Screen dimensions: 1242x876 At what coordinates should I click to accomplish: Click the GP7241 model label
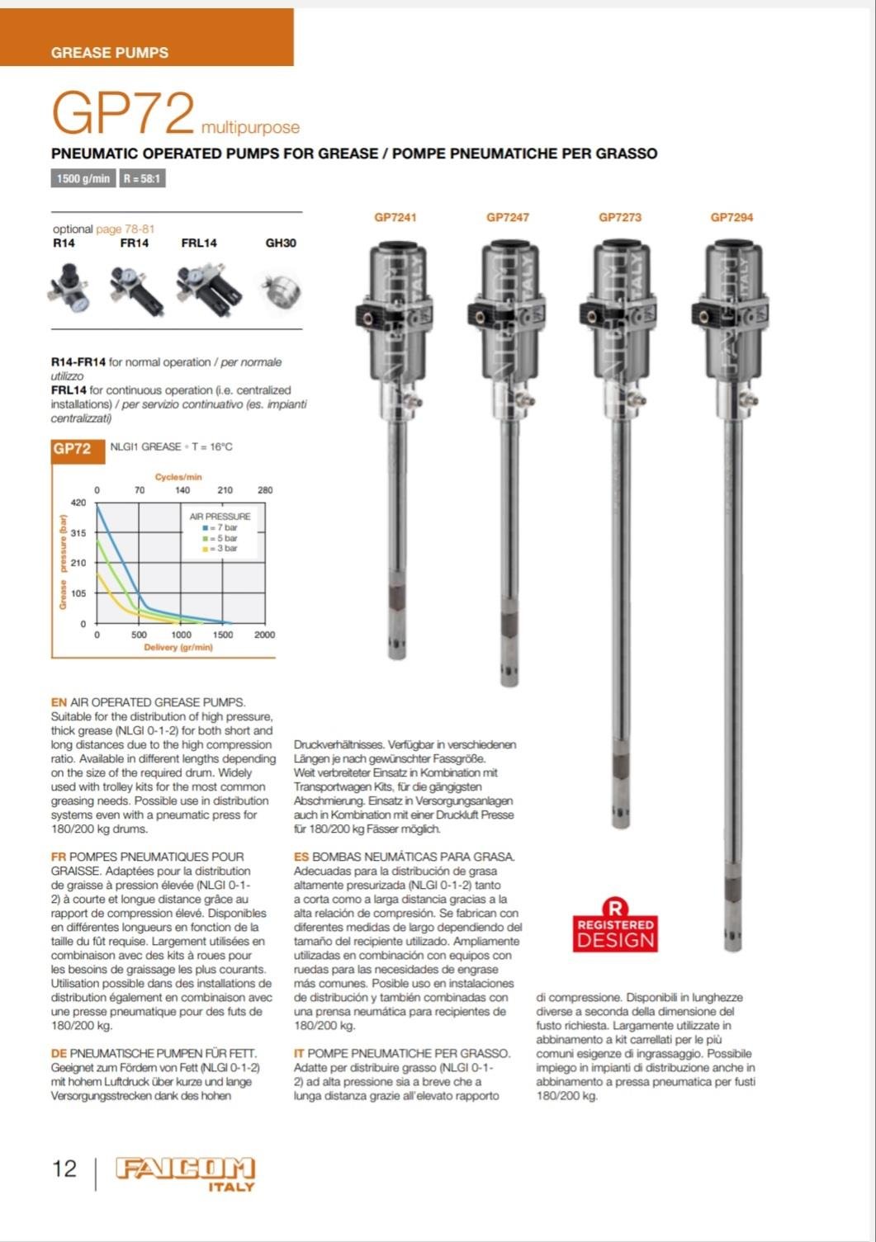(x=395, y=218)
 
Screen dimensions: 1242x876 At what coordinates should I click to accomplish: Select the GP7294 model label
(x=732, y=218)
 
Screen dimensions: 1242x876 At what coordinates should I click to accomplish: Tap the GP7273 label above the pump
(x=620, y=218)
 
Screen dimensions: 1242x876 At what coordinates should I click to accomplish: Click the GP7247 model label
(x=508, y=218)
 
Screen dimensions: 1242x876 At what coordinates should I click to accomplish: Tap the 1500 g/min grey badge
(x=83, y=178)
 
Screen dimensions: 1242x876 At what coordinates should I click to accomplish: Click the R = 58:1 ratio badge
(x=142, y=178)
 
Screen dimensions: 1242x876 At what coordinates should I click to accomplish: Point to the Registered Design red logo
(x=615, y=926)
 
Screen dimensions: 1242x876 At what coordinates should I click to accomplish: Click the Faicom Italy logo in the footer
(x=185, y=1174)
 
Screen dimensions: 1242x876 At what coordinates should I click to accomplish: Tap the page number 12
(x=64, y=1169)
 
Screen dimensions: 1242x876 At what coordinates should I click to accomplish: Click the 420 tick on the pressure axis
(x=78, y=503)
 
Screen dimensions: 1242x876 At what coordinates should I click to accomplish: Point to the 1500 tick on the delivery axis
(x=223, y=635)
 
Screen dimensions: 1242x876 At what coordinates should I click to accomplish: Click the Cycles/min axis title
(x=178, y=477)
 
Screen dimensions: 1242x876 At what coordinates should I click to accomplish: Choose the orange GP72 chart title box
(x=72, y=449)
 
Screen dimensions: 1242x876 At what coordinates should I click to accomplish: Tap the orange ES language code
(x=301, y=857)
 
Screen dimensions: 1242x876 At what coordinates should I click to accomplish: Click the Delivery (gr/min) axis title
(x=178, y=648)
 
